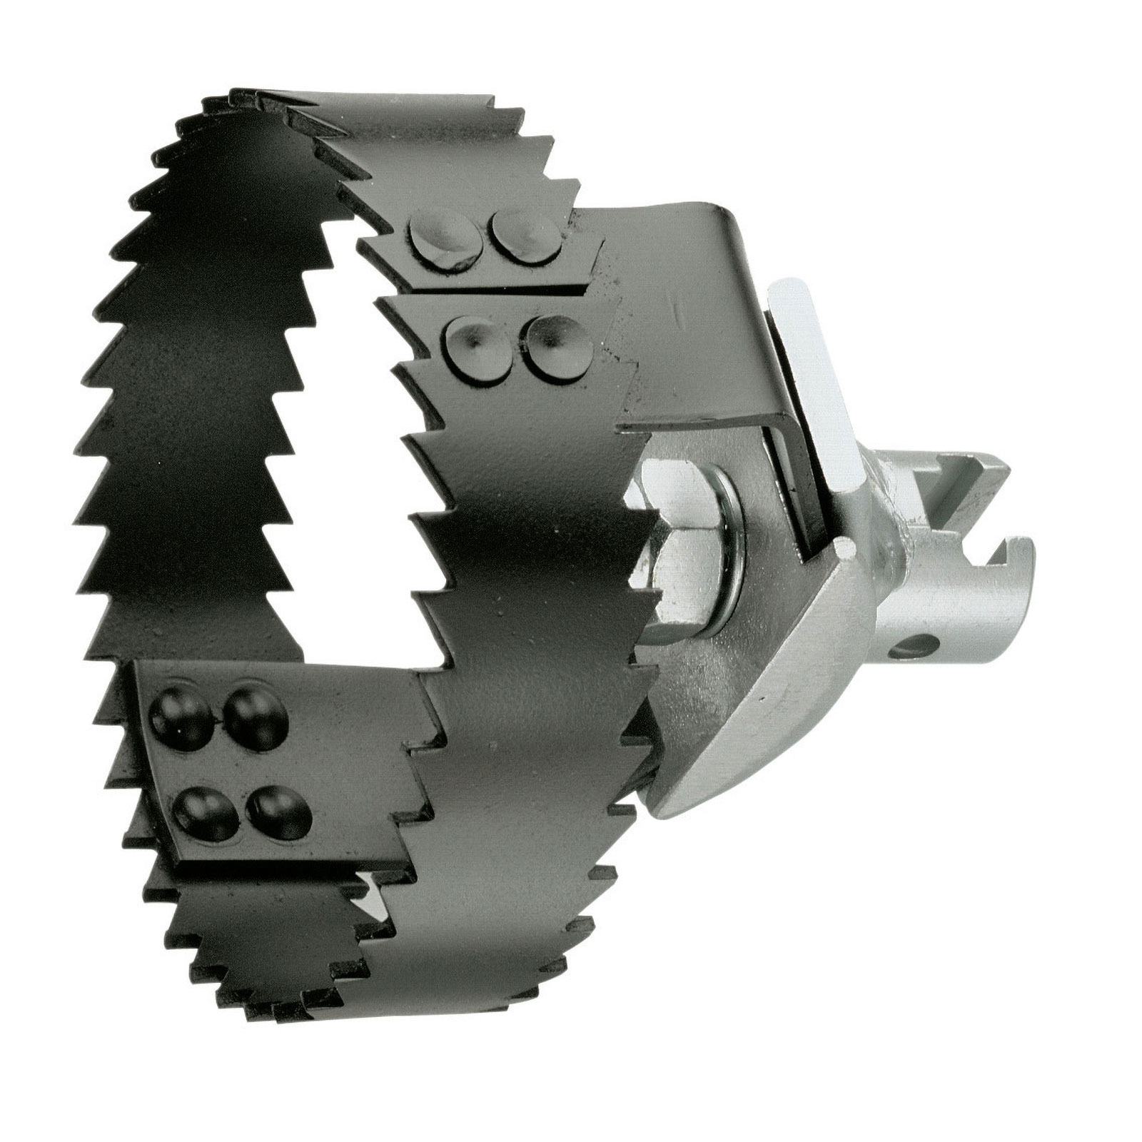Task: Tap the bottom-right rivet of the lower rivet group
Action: (278, 809)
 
